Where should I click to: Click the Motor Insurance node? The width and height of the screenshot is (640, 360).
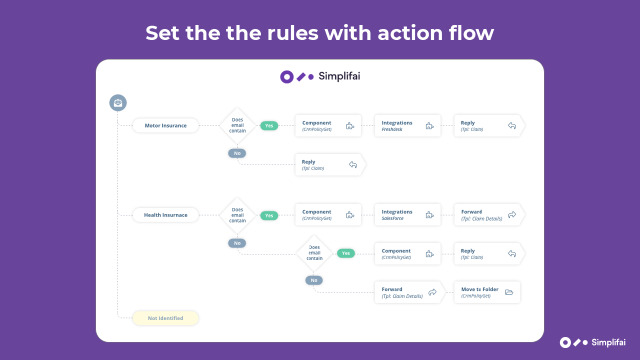pyautogui.click(x=165, y=125)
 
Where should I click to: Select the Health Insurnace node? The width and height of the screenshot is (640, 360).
pyautogui.click(x=165, y=215)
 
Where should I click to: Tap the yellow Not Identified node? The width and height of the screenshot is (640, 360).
pyautogui.click(x=165, y=318)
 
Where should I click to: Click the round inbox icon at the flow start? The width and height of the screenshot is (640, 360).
pyautogui.click(x=118, y=103)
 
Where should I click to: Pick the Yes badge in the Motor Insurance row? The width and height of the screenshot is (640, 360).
pyautogui.click(x=269, y=125)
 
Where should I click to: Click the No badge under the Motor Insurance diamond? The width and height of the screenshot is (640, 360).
pyautogui.click(x=237, y=153)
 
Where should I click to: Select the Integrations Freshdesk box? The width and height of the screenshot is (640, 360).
pyautogui.click(x=407, y=125)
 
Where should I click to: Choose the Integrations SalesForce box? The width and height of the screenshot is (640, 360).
pyautogui.click(x=407, y=215)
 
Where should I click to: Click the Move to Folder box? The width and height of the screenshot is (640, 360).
pyautogui.click(x=487, y=292)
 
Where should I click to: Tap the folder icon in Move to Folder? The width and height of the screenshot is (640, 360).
pyautogui.click(x=509, y=292)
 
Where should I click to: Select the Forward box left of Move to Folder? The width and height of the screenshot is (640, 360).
pyautogui.click(x=410, y=292)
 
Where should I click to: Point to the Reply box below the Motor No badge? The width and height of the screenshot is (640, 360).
pyautogui.click(x=330, y=165)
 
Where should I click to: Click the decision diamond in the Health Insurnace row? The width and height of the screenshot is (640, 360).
pyautogui.click(x=237, y=215)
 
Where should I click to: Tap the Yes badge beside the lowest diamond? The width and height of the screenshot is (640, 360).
pyautogui.click(x=345, y=253)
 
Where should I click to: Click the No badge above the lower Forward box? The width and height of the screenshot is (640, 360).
pyautogui.click(x=314, y=280)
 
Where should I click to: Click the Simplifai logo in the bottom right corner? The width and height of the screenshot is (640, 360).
pyautogui.click(x=592, y=342)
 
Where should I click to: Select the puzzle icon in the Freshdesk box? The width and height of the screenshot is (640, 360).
pyautogui.click(x=429, y=125)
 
